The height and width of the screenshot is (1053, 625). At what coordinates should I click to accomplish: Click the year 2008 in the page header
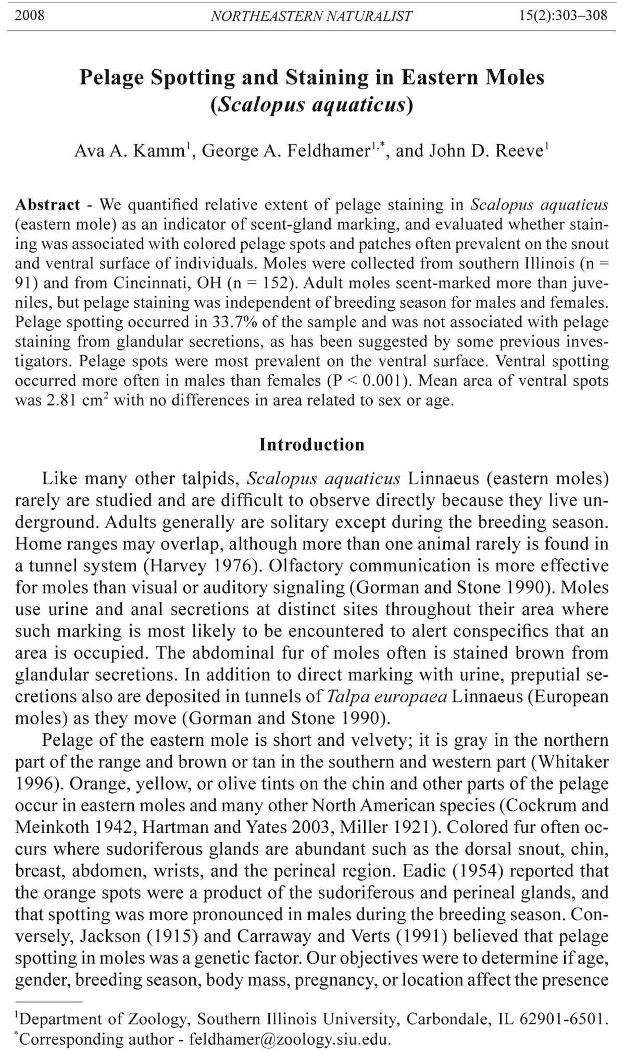coord(30,16)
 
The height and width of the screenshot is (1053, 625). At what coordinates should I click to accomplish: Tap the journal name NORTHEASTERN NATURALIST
coord(311,16)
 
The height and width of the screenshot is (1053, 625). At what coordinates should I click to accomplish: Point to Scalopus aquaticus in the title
coord(311,105)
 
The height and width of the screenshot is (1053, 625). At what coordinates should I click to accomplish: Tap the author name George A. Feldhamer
coord(285,151)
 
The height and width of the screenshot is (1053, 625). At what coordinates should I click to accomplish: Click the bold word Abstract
coord(48,205)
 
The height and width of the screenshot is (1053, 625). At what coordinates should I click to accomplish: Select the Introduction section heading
coord(312,445)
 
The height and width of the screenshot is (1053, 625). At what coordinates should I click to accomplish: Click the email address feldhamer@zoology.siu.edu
coord(289,1039)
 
